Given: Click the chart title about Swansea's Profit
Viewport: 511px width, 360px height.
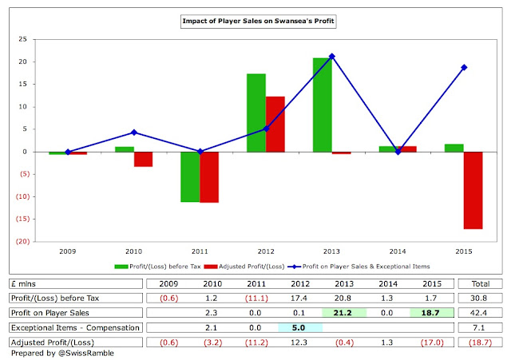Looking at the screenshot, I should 255,22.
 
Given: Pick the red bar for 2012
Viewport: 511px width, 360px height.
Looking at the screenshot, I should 275,124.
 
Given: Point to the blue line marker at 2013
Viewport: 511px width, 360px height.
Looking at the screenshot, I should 331,56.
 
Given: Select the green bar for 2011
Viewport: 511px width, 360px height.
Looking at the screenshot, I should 190,176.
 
